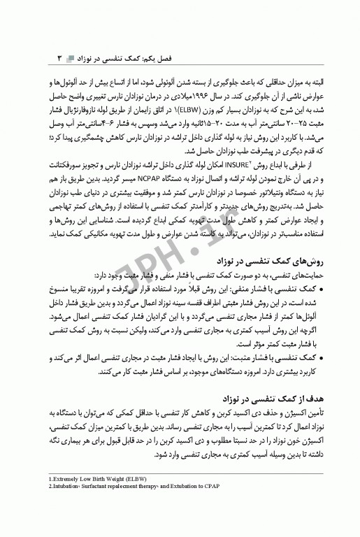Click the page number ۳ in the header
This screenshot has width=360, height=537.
point(59,55)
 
